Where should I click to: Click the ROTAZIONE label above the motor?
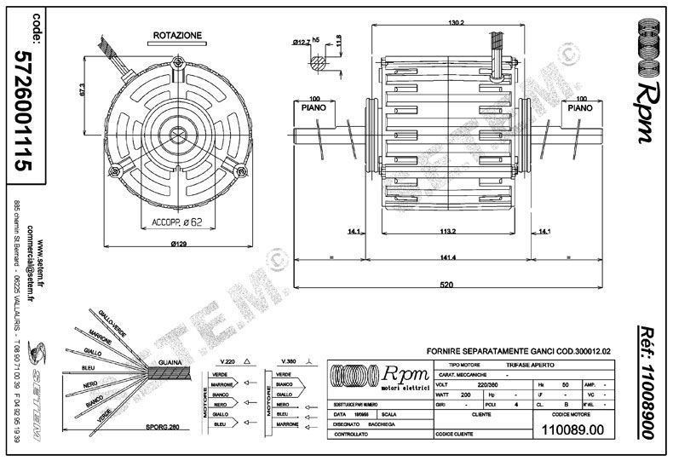click(178, 36)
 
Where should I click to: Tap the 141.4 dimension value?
click(446, 257)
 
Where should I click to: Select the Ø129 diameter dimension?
click(179, 244)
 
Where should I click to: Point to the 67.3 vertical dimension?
click(82, 89)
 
